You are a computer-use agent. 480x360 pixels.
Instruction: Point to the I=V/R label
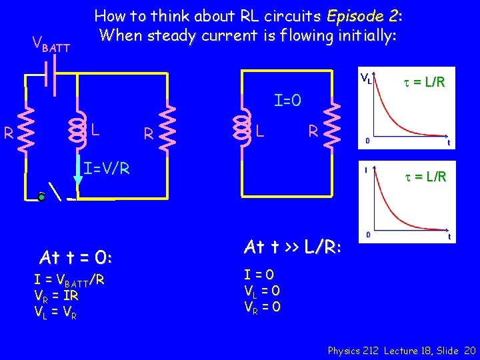tap(107, 168)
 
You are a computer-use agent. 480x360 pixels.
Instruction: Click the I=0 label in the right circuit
tap(288, 101)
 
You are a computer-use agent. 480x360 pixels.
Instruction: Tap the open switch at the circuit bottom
tap(57, 195)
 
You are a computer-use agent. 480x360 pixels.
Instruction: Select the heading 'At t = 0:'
tap(75, 257)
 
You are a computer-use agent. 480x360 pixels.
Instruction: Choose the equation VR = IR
tap(57, 295)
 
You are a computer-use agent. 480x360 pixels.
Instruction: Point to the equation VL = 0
tap(262, 290)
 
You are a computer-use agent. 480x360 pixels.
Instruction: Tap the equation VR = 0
tap(263, 306)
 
